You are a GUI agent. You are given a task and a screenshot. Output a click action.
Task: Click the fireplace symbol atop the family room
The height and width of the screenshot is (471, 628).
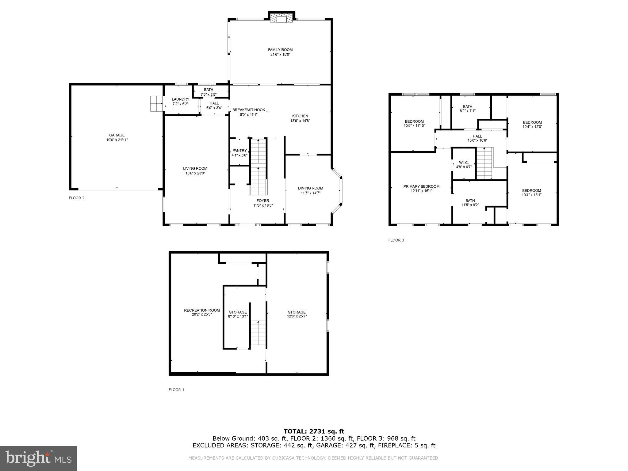pyautogui.click(x=281, y=18)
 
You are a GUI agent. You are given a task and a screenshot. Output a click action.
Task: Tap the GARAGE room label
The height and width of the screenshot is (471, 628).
pyautogui.click(x=117, y=135)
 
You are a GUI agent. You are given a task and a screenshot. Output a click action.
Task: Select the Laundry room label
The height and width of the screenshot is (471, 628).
pyautogui.click(x=180, y=99)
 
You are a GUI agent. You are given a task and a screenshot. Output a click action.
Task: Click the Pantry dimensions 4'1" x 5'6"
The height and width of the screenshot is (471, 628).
pyautogui.click(x=239, y=155)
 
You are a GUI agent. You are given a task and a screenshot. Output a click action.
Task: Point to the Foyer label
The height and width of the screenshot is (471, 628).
pyautogui.click(x=263, y=201)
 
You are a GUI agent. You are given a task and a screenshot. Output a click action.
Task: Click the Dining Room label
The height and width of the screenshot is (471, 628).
pyautogui.click(x=310, y=188)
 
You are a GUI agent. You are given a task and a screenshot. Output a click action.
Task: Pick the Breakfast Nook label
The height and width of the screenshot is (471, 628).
pyautogui.click(x=248, y=110)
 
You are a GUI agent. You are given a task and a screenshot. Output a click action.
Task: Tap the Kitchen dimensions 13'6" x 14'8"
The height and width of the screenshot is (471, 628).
pyautogui.click(x=300, y=121)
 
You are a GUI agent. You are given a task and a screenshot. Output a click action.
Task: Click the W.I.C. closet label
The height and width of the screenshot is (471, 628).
pyautogui.click(x=464, y=163)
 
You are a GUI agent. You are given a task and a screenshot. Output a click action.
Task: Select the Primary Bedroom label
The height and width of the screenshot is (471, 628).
pyautogui.click(x=421, y=186)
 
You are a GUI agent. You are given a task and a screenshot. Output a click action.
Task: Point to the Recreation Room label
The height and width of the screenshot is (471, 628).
pyautogui.click(x=202, y=310)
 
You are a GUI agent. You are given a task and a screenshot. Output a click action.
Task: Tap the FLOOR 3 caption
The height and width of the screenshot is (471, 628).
pyautogui.click(x=396, y=240)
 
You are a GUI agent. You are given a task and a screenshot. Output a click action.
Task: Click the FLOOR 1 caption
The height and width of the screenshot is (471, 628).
pyautogui.click(x=176, y=390)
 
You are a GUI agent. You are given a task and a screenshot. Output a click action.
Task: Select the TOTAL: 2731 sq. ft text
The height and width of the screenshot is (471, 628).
pyautogui.click(x=314, y=431)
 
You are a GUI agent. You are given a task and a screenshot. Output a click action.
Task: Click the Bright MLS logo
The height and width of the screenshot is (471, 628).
pyautogui.click(x=38, y=458)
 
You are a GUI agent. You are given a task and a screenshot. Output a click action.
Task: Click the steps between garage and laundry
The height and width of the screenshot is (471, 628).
pyautogui.click(x=156, y=104)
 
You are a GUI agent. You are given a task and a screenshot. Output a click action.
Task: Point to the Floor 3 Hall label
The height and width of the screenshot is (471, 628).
pyautogui.click(x=477, y=136)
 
